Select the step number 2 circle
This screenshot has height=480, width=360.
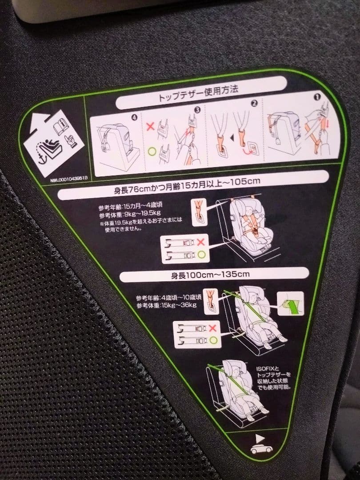tap(254, 104)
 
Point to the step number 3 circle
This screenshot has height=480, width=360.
tap(197, 109)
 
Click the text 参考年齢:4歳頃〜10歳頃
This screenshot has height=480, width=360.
tap(169, 298)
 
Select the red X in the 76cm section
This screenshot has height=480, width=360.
tap(200, 242)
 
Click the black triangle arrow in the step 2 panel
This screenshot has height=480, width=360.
tap(232, 139)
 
